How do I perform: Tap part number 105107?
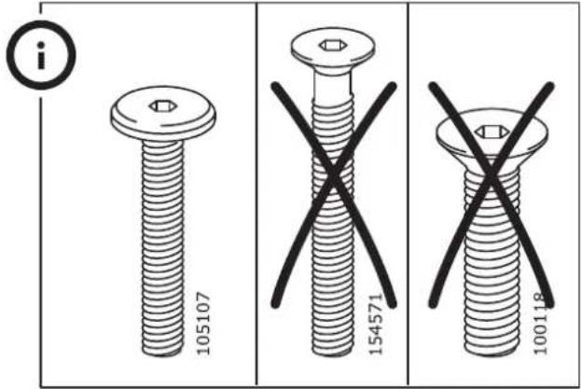tap(203, 324)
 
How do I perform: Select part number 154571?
tap(375, 324)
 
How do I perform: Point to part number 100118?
tap(539, 324)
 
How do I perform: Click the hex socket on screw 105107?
tap(160, 106)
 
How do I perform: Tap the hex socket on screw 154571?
tap(333, 46)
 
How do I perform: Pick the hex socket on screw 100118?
tap(491, 132)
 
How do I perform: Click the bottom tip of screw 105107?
tap(162, 354)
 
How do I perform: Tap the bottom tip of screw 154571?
tap(333, 354)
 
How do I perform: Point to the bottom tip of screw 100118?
tap(491, 354)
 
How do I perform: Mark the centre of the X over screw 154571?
tap(334, 176)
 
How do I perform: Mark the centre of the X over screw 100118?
tap(491, 174)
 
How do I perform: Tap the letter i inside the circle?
tap(41, 56)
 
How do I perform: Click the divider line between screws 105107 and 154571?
tap(256, 194)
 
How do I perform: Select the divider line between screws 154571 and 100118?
tap(408, 194)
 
